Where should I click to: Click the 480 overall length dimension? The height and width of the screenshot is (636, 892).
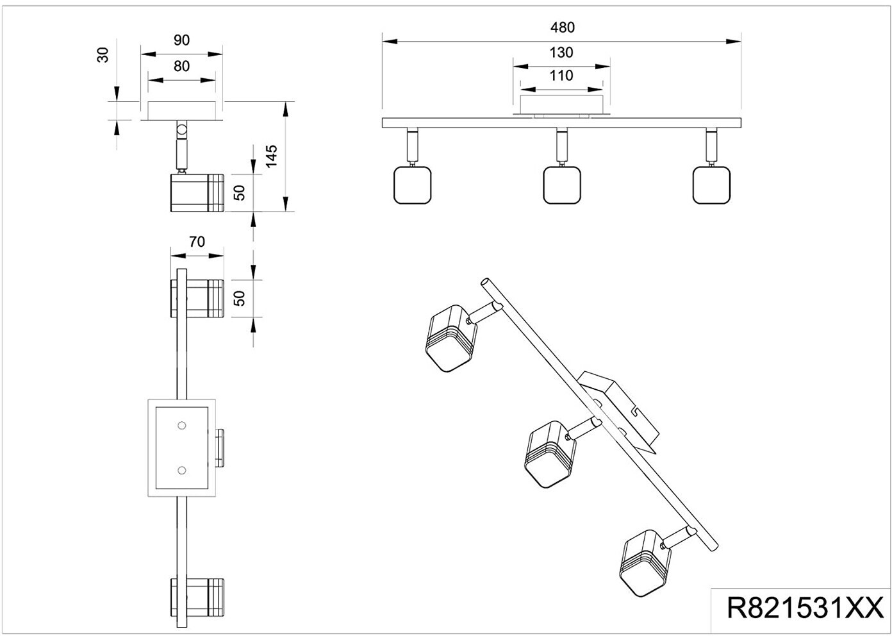click(x=562, y=28)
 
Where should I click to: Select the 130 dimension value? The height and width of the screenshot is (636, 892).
click(x=561, y=53)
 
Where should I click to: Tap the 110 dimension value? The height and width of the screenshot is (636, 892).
click(x=561, y=76)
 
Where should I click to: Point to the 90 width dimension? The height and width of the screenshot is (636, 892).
click(x=181, y=40)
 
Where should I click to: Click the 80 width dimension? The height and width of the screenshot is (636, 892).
click(x=181, y=66)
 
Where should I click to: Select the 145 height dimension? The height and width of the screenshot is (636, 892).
click(x=272, y=156)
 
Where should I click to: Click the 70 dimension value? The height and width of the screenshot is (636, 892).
click(x=197, y=242)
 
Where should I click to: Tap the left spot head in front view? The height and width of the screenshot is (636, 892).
click(x=411, y=185)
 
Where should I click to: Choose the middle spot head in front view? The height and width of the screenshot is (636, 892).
click(x=562, y=185)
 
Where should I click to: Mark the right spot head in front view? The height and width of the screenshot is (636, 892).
click(x=712, y=185)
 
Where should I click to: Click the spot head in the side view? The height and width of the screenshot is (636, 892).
click(x=196, y=192)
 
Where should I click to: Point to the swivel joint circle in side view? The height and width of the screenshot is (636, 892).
click(x=182, y=131)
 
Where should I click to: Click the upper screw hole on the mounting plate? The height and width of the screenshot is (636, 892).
click(x=181, y=425)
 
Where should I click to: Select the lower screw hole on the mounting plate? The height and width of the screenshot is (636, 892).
click(x=181, y=471)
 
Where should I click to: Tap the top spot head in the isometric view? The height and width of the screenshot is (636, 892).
click(x=451, y=338)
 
